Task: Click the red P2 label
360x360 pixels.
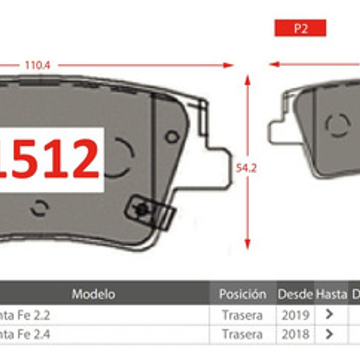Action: tap(300, 28)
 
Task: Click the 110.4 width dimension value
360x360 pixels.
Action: tap(37, 65)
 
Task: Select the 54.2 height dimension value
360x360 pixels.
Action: tap(246, 168)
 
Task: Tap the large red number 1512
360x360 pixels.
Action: tap(52, 159)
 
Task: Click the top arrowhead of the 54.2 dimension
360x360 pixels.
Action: tap(247, 79)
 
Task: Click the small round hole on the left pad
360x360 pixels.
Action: tap(172, 137)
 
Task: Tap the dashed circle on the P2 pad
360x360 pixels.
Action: tap(338, 125)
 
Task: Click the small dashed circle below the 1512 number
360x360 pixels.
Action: tap(39, 207)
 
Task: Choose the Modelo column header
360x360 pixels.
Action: tap(93, 294)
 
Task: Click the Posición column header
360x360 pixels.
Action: tap(243, 294)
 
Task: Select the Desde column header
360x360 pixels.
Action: tap(295, 294)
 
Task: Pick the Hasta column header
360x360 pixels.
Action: tap(331, 294)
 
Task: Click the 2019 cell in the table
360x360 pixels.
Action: tap(295, 315)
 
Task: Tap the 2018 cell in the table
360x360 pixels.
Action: tap(295, 334)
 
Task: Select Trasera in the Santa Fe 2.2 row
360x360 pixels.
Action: tap(242, 315)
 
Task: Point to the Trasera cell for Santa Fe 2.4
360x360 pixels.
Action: tap(242, 334)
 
